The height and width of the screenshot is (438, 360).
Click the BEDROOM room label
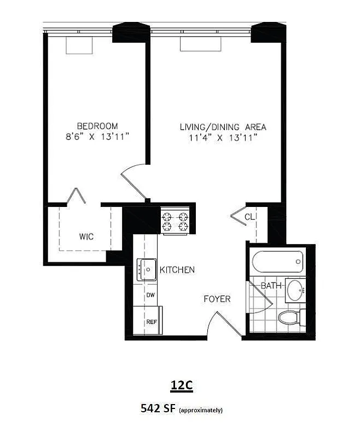pos(97,125)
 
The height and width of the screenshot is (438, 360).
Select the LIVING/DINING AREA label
pos(223,127)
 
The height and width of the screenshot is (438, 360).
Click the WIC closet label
pos(86,237)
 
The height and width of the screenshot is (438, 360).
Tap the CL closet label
pos(250,216)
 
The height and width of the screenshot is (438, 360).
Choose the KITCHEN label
pos(177,270)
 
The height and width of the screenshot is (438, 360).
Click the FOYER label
pos(217,299)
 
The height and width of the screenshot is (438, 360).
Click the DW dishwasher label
pos(149,295)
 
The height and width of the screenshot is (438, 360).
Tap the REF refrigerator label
pos(151,321)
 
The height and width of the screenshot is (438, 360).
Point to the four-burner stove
pos(175,221)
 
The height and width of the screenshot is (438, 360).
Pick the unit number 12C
pos(180,385)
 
